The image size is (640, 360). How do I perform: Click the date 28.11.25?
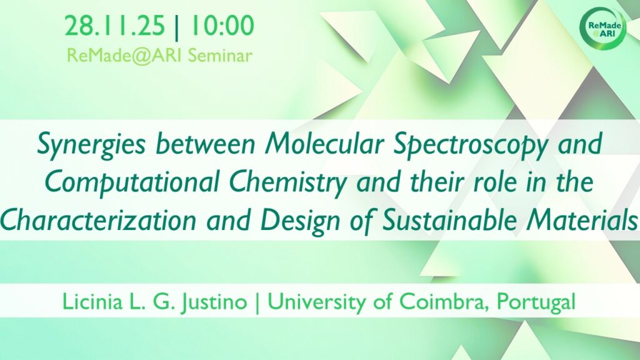[x=115, y=26]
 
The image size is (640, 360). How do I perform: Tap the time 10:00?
[x=221, y=26]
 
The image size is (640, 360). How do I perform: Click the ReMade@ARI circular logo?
[x=603, y=29]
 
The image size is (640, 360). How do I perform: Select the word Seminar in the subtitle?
[x=220, y=56]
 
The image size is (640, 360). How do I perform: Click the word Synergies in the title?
[x=91, y=145]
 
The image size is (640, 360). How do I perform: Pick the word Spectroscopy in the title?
[x=470, y=145]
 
